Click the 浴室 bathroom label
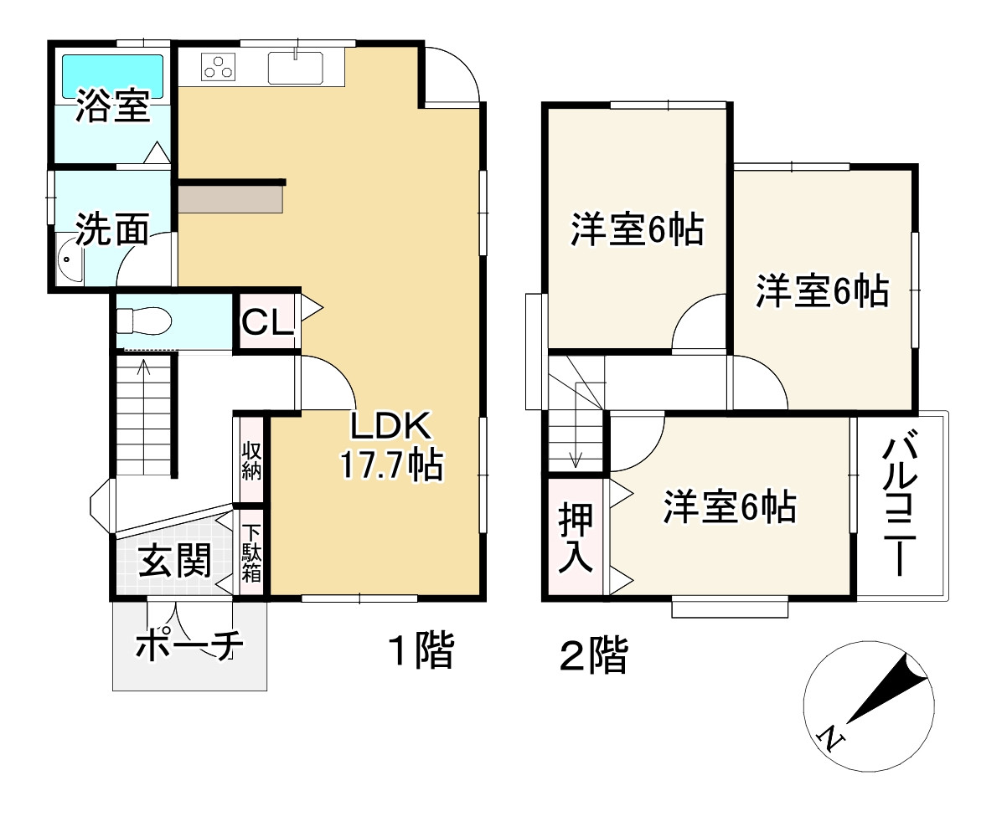113,106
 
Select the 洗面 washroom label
113,229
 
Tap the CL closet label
267,321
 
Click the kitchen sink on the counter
296,67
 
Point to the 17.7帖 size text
390,465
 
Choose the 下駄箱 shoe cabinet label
252,552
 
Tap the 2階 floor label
593,655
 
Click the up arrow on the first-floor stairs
143,366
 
